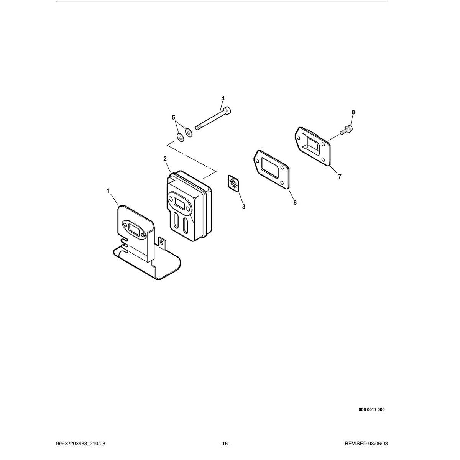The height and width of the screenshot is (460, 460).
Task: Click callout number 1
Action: click(108, 191)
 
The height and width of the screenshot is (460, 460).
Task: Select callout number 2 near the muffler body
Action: click(165, 159)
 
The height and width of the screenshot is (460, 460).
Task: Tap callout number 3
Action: click(244, 207)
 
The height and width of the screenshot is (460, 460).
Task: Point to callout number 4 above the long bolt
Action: click(223, 98)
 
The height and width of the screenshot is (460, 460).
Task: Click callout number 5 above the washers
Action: click(174, 117)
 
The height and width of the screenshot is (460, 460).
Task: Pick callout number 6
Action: click(295, 202)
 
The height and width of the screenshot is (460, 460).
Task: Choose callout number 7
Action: click(340, 176)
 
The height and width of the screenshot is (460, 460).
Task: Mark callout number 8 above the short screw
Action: click(353, 112)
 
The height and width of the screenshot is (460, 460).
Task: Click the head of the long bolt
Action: click(228, 110)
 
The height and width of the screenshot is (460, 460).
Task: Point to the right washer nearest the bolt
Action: click(189, 132)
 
